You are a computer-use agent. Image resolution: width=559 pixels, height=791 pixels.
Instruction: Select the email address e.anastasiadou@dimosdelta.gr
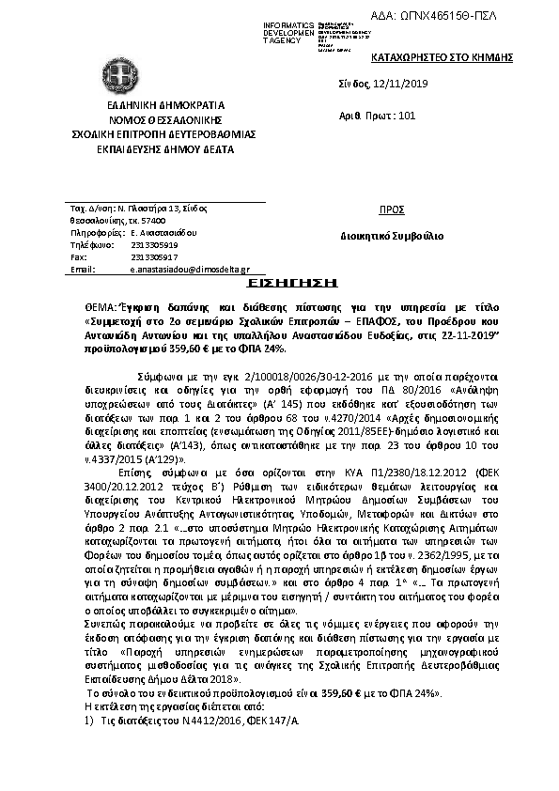[x=183, y=269]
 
